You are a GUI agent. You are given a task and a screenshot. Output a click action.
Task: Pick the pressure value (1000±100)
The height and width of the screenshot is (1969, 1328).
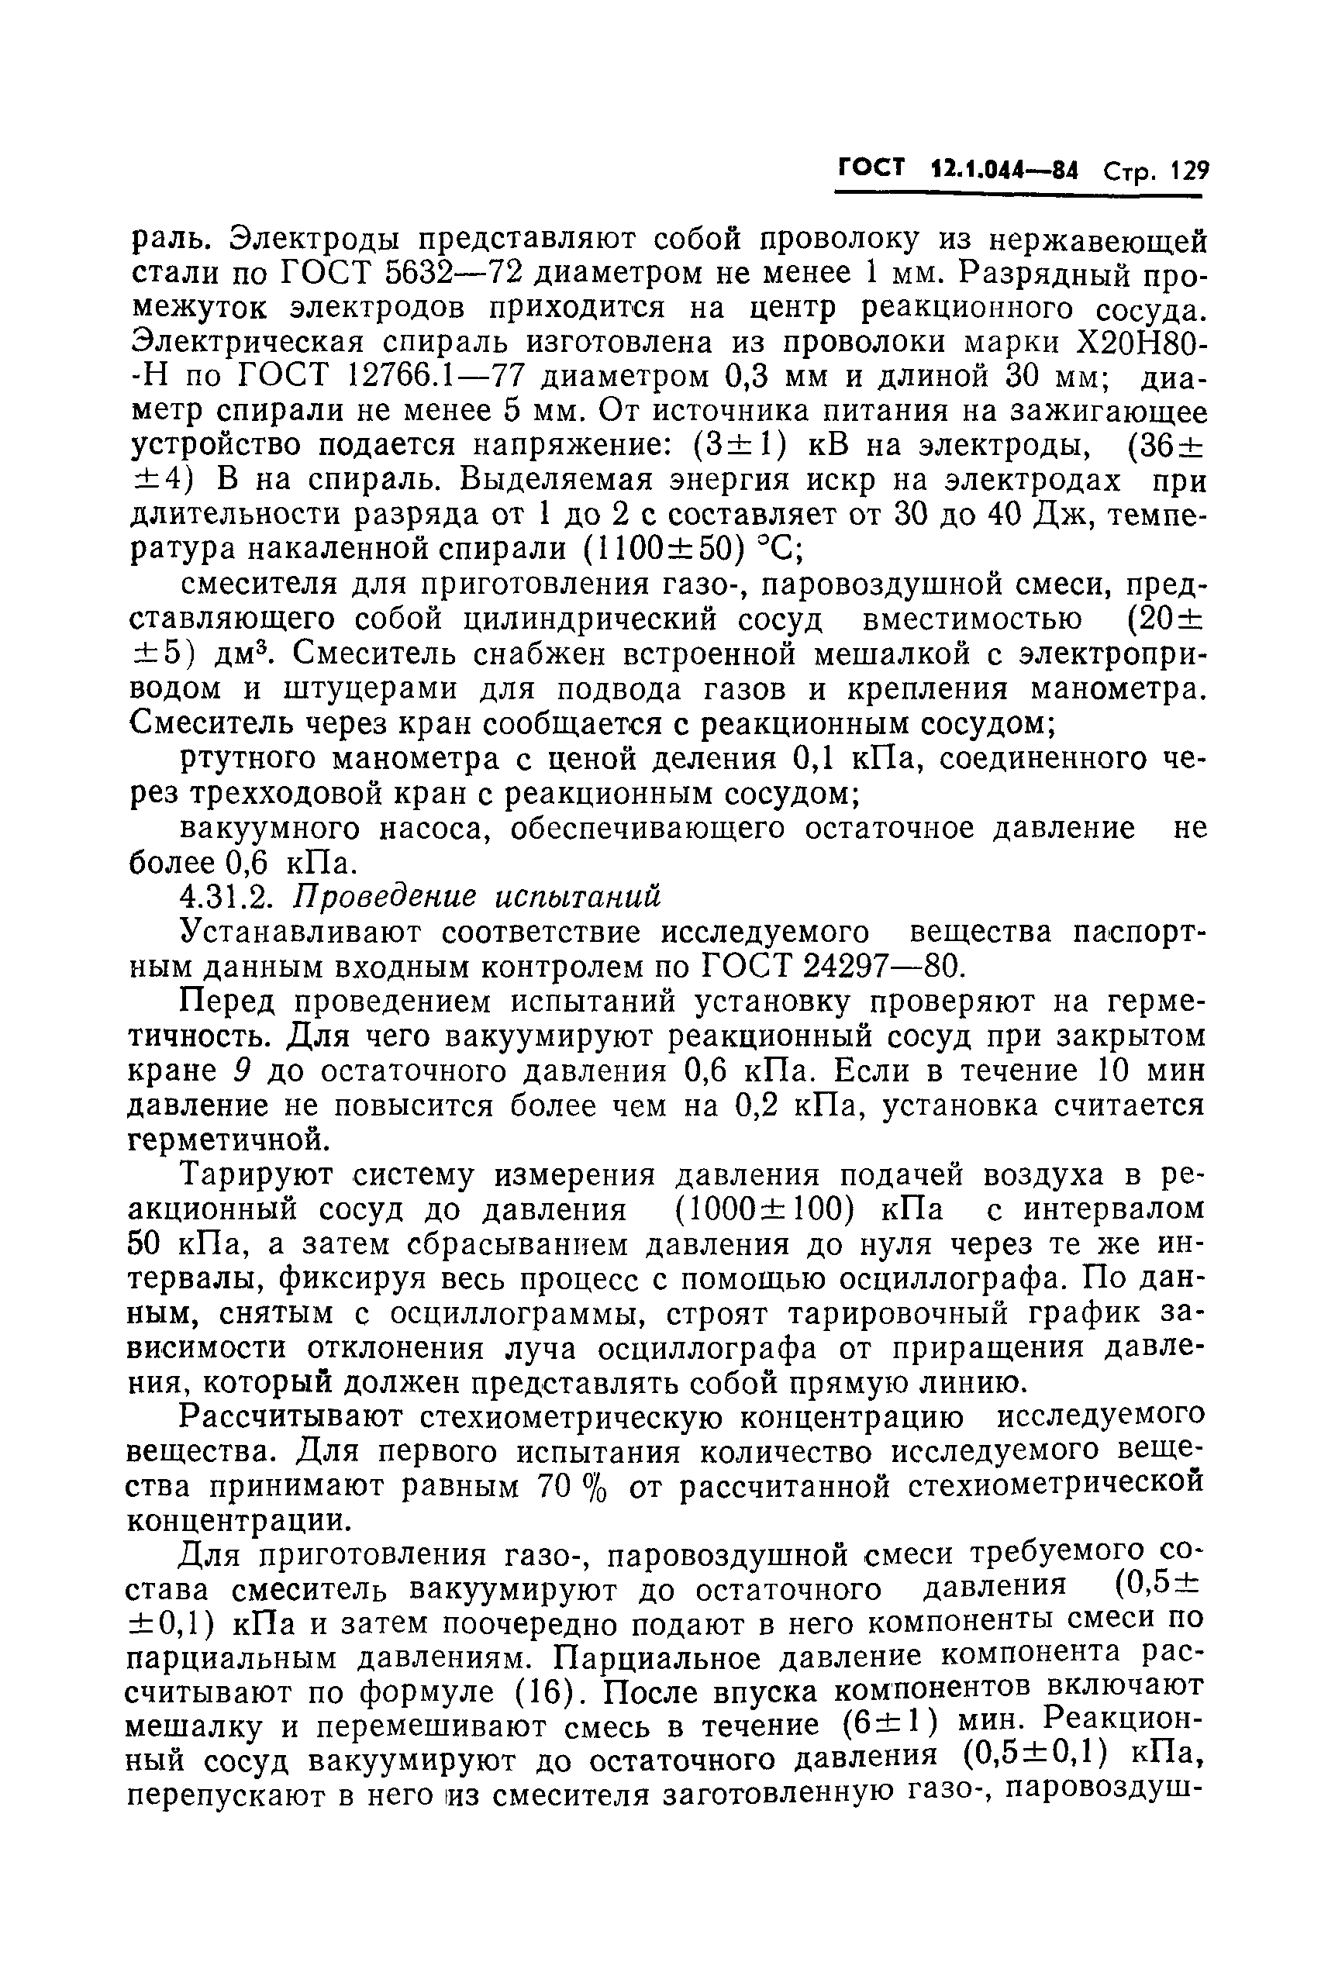pyautogui.click(x=761, y=1209)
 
